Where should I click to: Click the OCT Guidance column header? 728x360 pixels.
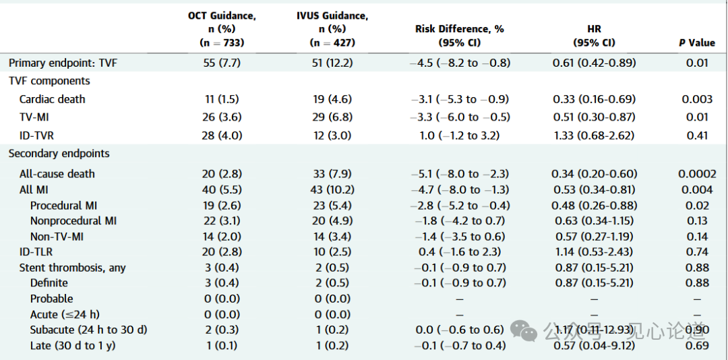[222, 28]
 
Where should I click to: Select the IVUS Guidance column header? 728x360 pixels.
[333, 28]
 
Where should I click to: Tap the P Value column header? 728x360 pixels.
[696, 42]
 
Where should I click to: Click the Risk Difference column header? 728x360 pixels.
[460, 35]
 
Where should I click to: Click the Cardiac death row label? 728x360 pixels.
[52, 99]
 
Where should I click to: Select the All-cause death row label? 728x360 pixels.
[57, 174]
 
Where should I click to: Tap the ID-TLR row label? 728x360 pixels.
[36, 251]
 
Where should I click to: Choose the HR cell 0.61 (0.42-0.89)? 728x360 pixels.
[594, 63]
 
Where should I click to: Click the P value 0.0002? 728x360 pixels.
[696, 174]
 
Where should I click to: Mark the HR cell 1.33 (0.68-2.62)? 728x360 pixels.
[594, 136]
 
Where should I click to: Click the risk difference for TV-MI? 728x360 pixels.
[460, 117]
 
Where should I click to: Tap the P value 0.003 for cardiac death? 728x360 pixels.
[696, 99]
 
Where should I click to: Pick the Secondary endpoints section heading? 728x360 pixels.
[59, 154]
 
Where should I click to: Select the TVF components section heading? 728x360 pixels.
[49, 81]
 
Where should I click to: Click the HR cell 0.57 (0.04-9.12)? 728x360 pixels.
[594, 345]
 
